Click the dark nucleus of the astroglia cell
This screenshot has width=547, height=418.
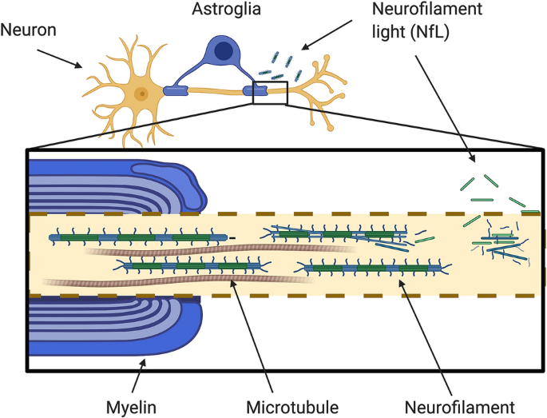pos(225,52)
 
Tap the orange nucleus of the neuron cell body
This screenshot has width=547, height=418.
pos(141,93)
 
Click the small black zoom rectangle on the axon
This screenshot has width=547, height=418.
pos(269,92)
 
